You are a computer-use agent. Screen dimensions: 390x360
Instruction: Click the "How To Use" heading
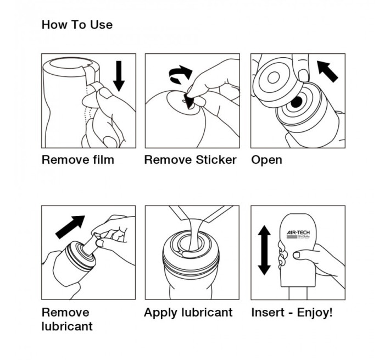click(77, 25)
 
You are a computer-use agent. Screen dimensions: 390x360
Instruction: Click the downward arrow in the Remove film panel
click(119, 76)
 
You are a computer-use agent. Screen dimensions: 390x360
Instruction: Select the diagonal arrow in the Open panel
click(327, 71)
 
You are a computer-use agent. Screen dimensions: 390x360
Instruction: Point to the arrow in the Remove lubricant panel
click(70, 227)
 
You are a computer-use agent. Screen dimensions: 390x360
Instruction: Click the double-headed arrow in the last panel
click(264, 250)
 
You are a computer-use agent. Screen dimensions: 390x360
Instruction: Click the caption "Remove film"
click(78, 160)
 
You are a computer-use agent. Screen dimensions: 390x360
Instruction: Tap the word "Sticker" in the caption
click(216, 160)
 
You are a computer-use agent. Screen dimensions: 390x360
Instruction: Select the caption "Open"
click(266, 160)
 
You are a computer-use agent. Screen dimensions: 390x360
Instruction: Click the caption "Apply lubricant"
click(188, 313)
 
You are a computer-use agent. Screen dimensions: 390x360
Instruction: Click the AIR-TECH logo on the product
click(298, 234)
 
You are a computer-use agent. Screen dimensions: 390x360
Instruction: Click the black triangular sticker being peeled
click(189, 101)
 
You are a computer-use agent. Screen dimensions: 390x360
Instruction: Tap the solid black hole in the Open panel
click(296, 102)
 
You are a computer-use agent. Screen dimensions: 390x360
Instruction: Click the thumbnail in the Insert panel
click(297, 255)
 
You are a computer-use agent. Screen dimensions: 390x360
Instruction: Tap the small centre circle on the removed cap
click(274, 78)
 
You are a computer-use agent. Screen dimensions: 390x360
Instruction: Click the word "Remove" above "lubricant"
click(65, 313)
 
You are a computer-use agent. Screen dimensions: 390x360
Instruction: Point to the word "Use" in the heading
click(101, 25)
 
